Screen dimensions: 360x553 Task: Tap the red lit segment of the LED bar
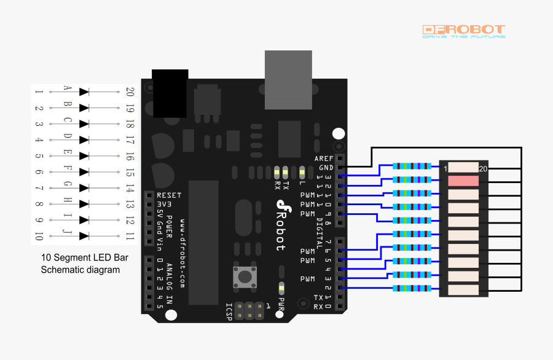pyautogui.click(x=463, y=181)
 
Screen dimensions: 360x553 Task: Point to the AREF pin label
pyautogui.click(x=324, y=158)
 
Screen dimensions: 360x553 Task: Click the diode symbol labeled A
pyautogui.click(x=84, y=92)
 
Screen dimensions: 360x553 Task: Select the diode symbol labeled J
pyautogui.click(x=84, y=235)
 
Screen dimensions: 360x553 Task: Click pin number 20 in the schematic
pyautogui.click(x=130, y=92)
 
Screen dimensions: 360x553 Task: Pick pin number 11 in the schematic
pyautogui.click(x=130, y=236)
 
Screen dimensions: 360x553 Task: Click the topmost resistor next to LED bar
pyautogui.click(x=412, y=166)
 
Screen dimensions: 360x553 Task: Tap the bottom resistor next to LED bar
pyautogui.click(x=412, y=288)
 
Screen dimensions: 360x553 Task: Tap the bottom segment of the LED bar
pyautogui.click(x=463, y=290)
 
